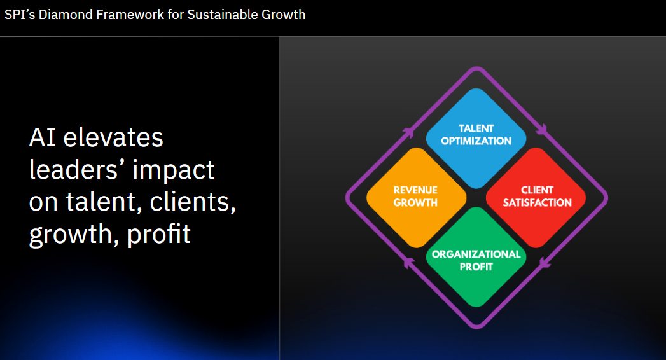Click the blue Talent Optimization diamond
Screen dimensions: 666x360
476,139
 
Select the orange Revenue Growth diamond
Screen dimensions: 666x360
416,198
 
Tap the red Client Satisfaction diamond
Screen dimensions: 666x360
536,198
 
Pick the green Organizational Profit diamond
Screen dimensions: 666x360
476,257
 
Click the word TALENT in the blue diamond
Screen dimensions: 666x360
476,128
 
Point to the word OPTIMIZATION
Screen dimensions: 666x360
476,141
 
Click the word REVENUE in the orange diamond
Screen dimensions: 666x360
415,190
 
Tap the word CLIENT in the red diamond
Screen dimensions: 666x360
538,190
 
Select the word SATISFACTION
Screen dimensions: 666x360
538,203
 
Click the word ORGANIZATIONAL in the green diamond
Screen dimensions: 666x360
476,254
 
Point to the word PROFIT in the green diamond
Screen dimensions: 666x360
476,267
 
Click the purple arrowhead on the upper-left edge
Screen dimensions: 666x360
408,132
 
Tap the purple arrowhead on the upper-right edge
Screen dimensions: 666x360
542,129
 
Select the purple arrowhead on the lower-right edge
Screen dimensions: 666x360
545,263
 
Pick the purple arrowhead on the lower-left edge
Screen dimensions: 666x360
408,263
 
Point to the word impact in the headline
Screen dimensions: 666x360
173,170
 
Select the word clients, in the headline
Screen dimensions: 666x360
193,202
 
